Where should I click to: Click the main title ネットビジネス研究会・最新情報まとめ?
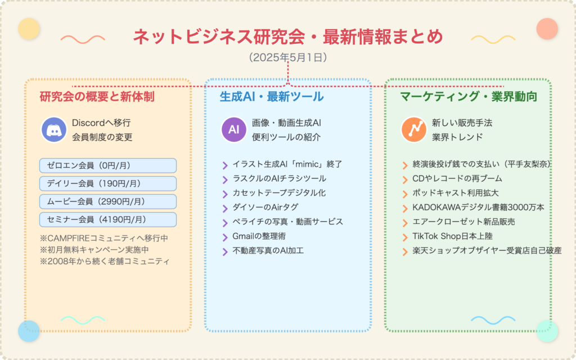tap(288, 37)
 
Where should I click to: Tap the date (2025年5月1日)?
tap(288, 57)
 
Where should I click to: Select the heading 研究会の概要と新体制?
tap(97, 97)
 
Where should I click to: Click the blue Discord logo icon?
tap(53, 130)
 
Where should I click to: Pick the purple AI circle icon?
tap(233, 130)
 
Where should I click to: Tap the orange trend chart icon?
tap(413, 130)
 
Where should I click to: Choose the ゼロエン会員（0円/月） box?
tap(108, 166)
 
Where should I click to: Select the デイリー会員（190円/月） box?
tap(108, 184)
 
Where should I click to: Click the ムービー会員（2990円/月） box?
tap(108, 202)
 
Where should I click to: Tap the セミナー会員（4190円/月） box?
tap(108, 220)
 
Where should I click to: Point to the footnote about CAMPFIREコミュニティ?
tap(104, 238)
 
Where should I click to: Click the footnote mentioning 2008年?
tap(105, 261)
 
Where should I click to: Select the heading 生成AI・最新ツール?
tap(272, 97)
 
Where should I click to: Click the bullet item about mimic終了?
tap(287, 164)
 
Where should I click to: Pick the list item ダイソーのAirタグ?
tap(265, 207)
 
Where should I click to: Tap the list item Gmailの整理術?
tap(259, 236)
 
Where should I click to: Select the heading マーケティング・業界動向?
tap(469, 97)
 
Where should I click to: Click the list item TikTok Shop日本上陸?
tap(452, 236)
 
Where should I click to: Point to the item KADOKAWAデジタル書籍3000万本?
tap(478, 207)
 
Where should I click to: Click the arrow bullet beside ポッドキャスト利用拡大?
tap(405, 194)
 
